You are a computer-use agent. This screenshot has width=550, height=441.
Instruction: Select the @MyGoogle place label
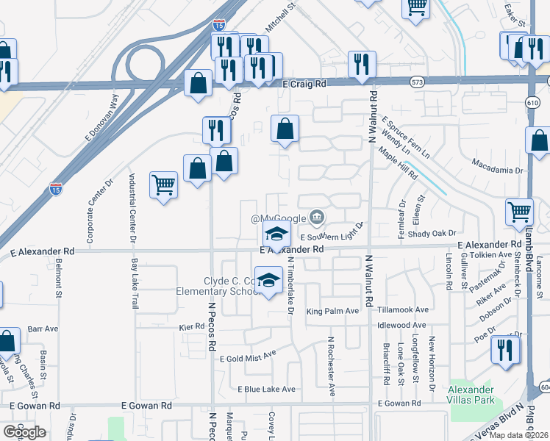click(279, 218)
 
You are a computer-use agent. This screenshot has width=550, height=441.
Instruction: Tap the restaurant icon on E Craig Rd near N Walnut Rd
click(362, 64)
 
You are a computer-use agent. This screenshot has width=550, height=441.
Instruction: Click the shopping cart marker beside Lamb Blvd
click(520, 212)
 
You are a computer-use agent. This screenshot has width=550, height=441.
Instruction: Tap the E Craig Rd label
click(304, 85)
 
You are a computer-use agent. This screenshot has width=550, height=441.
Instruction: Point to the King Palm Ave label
click(332, 311)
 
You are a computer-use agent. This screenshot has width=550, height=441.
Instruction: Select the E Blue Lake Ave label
click(266, 389)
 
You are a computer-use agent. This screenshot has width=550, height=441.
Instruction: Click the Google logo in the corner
click(24, 432)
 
